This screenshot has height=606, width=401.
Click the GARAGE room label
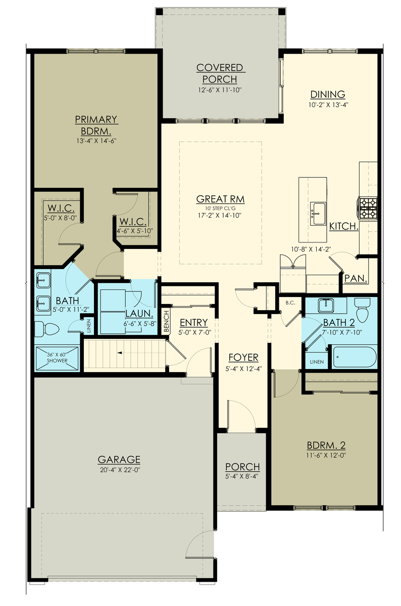[119, 460]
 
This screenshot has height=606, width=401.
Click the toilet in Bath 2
[363, 308]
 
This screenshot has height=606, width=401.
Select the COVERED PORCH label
[220, 73]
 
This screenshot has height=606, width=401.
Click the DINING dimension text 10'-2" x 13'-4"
[328, 105]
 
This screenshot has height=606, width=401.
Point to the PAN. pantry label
[356, 278]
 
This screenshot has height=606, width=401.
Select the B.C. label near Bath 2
[290, 304]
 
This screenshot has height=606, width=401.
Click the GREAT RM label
[220, 199]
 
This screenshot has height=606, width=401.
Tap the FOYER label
[243, 358]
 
